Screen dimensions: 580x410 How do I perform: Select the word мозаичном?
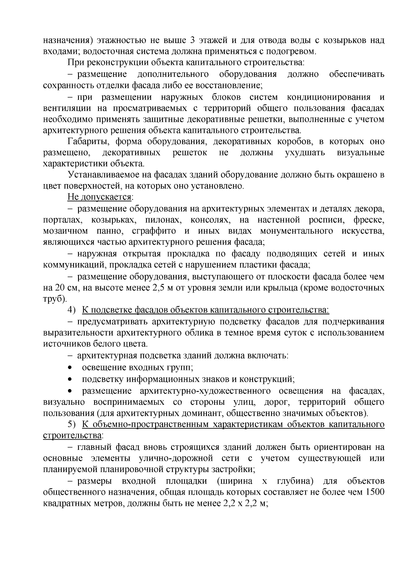click(65, 231)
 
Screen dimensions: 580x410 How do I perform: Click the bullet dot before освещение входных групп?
click(70, 368)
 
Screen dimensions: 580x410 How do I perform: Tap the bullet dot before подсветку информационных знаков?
click(70, 379)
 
